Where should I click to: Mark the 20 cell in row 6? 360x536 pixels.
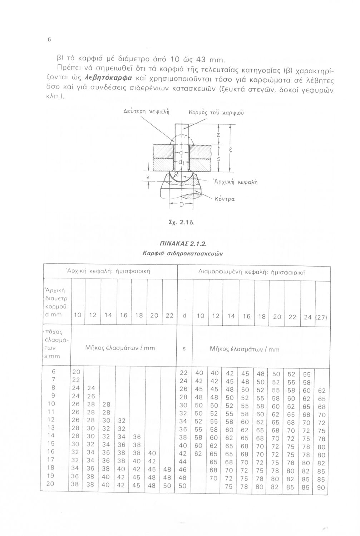(77, 372)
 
